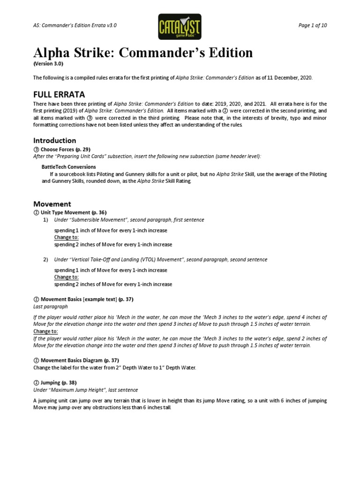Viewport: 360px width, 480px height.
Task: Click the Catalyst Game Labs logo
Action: (180, 26)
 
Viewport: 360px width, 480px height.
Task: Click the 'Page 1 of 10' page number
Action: (312, 25)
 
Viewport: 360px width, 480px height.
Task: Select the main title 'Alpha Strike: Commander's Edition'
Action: (143, 52)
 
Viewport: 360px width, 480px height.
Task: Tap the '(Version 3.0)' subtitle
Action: (48, 63)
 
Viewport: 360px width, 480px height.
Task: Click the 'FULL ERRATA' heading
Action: (59, 94)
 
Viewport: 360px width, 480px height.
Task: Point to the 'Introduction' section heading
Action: (54, 140)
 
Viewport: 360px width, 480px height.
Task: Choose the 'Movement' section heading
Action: (52, 204)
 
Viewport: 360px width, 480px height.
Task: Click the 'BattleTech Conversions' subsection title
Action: (69, 167)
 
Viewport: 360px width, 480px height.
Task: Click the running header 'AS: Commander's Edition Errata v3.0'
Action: (75, 25)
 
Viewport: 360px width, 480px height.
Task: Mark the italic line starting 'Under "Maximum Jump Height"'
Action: (85, 390)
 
